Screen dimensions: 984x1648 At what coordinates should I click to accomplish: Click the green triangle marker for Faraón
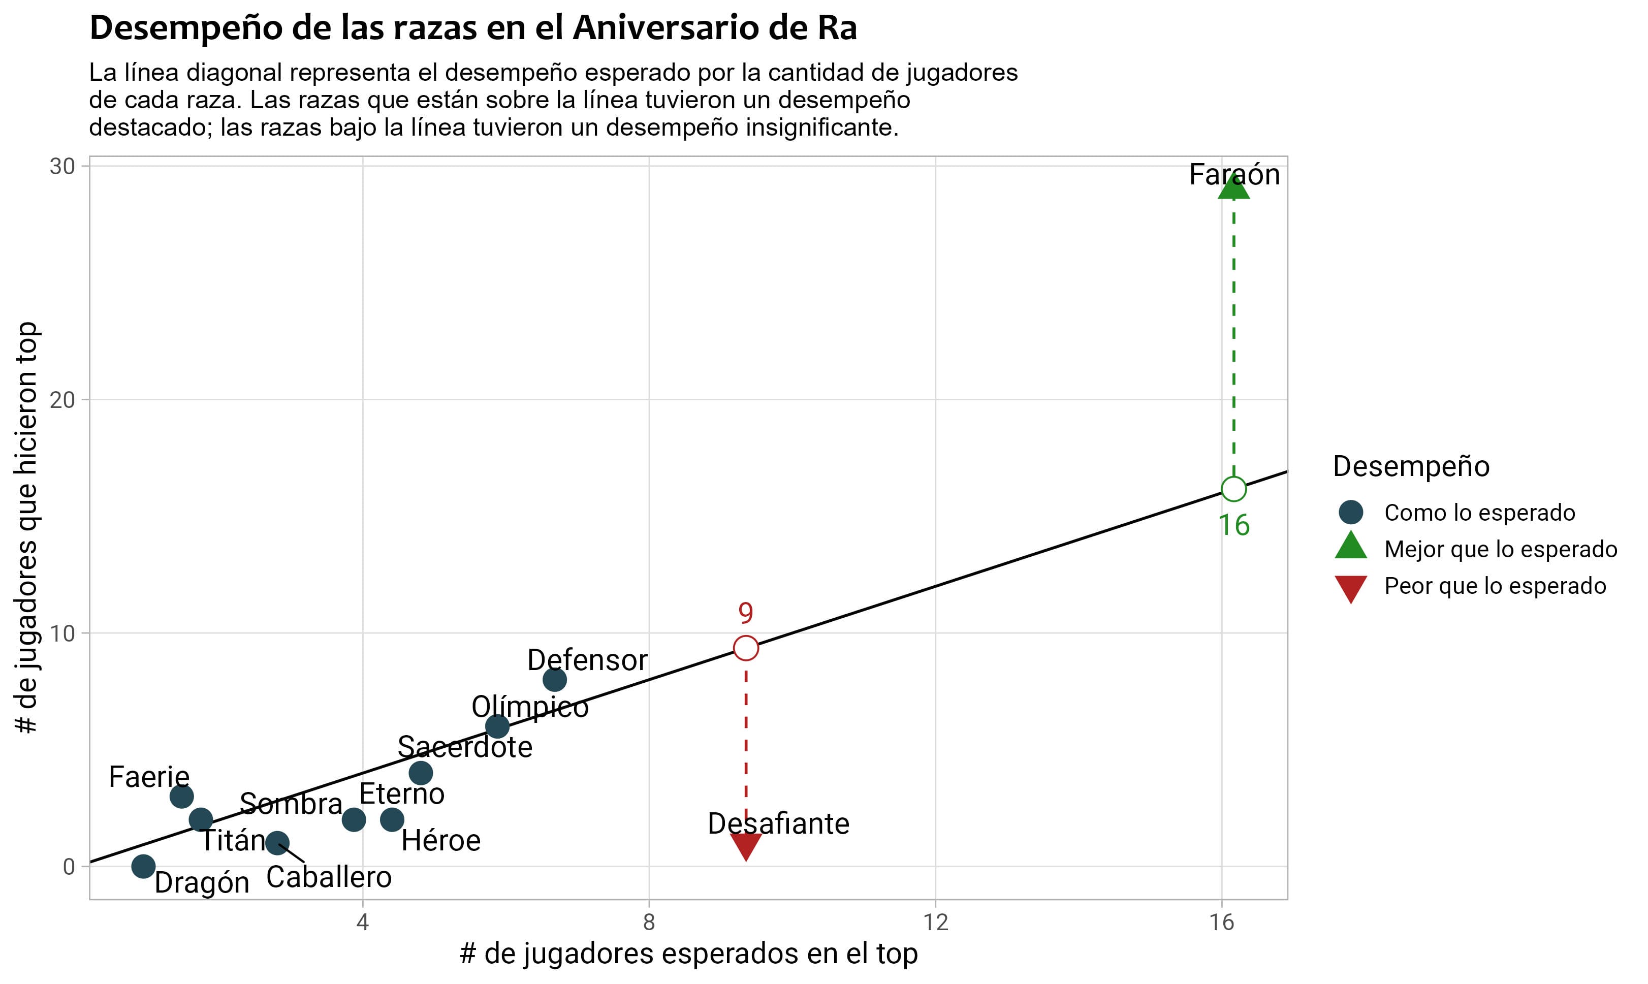pyautogui.click(x=1233, y=187)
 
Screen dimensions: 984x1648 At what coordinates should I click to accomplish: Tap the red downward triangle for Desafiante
pyautogui.click(x=746, y=845)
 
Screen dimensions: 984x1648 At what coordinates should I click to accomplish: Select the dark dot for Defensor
pyautogui.click(x=554, y=680)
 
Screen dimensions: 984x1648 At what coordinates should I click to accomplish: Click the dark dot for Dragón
pyautogui.click(x=143, y=866)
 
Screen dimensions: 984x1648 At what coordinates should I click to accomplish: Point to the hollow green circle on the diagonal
pyautogui.click(x=1233, y=489)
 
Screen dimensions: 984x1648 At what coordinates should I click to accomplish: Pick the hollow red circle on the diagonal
pyautogui.click(x=746, y=648)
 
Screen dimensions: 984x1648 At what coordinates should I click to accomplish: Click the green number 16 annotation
pyautogui.click(x=1233, y=526)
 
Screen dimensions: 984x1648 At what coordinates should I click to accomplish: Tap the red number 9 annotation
pyautogui.click(x=746, y=613)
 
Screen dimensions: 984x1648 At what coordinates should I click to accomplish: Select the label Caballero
pyautogui.click(x=329, y=877)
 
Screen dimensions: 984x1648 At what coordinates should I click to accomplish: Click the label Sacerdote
pyautogui.click(x=465, y=747)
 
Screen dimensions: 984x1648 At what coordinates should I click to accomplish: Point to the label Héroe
pyautogui.click(x=441, y=841)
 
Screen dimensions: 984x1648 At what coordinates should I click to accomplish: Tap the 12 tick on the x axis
pyautogui.click(x=935, y=923)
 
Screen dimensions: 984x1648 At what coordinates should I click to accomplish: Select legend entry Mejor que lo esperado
pyautogui.click(x=1500, y=549)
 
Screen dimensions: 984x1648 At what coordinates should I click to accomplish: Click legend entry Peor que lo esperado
pyautogui.click(x=1495, y=586)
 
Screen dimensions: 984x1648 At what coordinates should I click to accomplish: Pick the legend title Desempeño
pyautogui.click(x=1411, y=466)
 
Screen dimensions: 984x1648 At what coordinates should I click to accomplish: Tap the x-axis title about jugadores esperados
pyautogui.click(x=688, y=954)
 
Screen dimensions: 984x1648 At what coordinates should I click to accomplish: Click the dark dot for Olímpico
pyautogui.click(x=497, y=727)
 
